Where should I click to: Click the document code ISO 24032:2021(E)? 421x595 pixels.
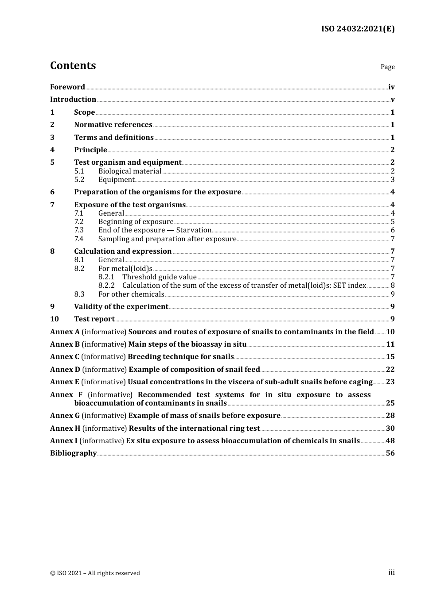[358, 29]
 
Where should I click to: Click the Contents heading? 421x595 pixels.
[73, 66]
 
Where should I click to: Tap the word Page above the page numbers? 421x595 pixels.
[387, 67]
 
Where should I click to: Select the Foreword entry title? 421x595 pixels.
[67, 87]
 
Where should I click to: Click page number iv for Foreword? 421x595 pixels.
[391, 87]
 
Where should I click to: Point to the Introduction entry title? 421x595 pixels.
[73, 100]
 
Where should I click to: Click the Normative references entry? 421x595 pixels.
[113, 125]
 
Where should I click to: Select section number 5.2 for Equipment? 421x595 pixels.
[79, 180]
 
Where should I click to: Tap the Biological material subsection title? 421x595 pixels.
[129, 171]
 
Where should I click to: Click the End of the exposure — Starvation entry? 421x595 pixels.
[155, 230]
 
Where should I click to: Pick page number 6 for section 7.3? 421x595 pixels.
[393, 230]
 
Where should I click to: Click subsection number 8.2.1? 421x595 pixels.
[106, 277]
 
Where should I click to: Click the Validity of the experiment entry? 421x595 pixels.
[121, 307]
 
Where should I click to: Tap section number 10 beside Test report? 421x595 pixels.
[54, 319]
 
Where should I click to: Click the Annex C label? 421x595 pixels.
[65, 357]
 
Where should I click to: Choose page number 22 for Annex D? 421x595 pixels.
[390, 370]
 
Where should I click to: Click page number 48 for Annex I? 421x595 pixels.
[390, 441]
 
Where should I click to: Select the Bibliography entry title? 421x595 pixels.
[73, 453]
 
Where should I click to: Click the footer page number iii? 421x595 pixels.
[391, 572]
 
